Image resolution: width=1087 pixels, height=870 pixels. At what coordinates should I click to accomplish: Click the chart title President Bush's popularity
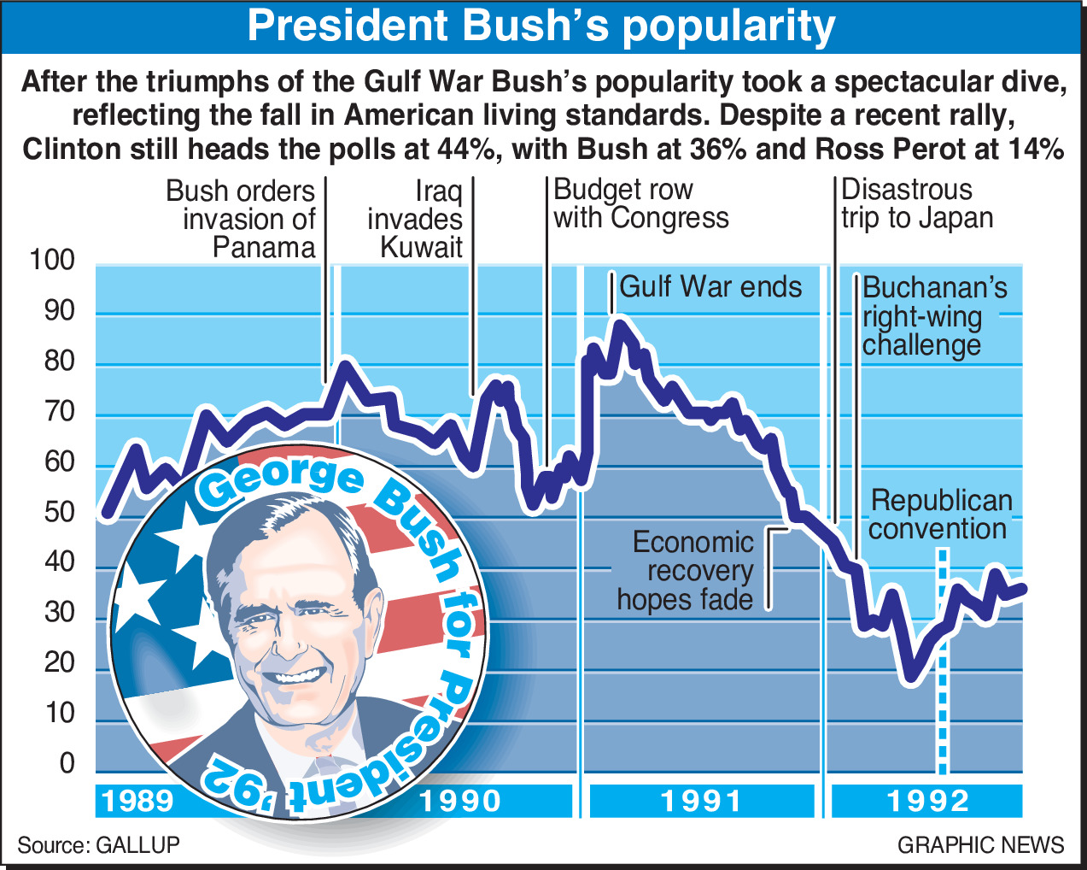click(541, 26)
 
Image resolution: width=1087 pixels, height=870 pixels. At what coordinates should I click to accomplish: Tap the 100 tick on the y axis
click(52, 261)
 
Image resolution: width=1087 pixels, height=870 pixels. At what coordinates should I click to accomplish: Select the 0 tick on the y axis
click(67, 763)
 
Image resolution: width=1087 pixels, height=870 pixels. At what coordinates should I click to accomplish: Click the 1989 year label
click(138, 801)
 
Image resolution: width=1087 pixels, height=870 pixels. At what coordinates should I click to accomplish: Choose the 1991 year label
click(702, 801)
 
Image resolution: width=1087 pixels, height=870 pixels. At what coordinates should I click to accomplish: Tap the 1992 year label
click(928, 801)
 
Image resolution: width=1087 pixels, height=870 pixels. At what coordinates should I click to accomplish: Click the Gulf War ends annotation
click(710, 286)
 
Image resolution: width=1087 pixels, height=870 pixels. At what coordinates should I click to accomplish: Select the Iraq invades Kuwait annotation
click(417, 219)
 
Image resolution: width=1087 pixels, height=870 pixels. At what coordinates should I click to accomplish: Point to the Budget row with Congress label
click(640, 203)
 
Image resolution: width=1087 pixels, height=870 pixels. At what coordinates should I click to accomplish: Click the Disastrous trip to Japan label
click(916, 203)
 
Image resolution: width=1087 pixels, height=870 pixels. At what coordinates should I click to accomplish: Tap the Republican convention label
click(940, 514)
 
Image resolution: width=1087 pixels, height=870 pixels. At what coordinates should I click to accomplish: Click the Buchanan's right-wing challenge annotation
click(934, 316)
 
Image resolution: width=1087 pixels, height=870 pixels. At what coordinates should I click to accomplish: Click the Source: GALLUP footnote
click(99, 845)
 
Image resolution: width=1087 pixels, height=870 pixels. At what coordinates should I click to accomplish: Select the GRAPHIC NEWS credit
click(980, 845)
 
